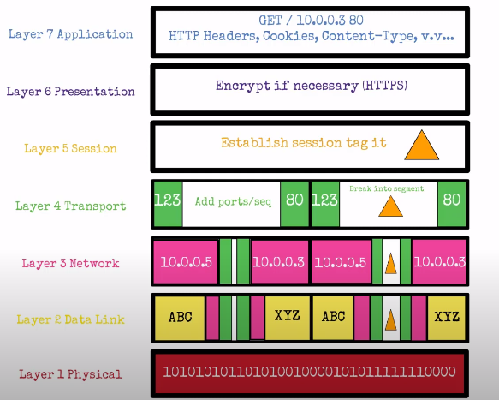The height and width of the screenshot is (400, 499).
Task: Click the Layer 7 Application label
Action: [70, 34]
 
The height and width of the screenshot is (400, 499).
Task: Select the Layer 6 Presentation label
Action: [70, 92]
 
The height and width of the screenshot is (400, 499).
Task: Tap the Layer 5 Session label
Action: [70, 148]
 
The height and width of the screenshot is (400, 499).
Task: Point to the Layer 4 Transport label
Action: [70, 206]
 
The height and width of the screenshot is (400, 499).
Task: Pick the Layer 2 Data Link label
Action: [70, 319]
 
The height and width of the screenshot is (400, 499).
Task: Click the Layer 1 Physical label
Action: [70, 373]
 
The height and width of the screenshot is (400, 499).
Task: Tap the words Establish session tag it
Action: [303, 143]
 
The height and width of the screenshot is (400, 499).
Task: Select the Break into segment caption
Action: [386, 188]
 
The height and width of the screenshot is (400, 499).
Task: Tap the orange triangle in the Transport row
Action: [390, 206]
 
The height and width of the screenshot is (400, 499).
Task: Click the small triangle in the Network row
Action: [390, 262]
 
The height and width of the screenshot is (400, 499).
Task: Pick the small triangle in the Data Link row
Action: [390, 319]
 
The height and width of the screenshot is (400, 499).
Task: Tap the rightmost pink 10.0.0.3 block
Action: [438, 260]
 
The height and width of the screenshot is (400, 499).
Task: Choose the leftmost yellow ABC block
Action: [180, 317]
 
